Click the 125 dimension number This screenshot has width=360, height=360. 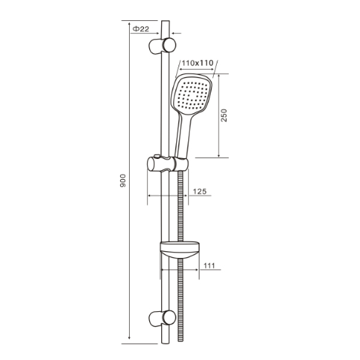coord(199,191)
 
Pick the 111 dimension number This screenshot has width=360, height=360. coord(209,265)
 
